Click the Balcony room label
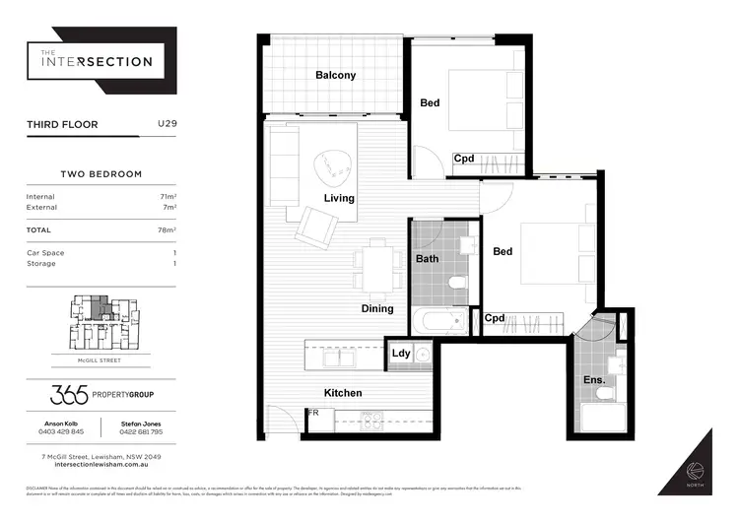coord(335,75)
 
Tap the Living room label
coord(339,198)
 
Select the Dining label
coord(376,308)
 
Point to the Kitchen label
coord(342,393)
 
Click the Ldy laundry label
coord(401,354)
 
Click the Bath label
coord(428,260)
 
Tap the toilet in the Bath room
coord(457,285)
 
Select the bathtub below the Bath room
coord(440,320)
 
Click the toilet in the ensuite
coord(605,394)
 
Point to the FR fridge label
coord(313,413)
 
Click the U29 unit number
coord(168,125)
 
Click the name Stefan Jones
coord(142,422)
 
